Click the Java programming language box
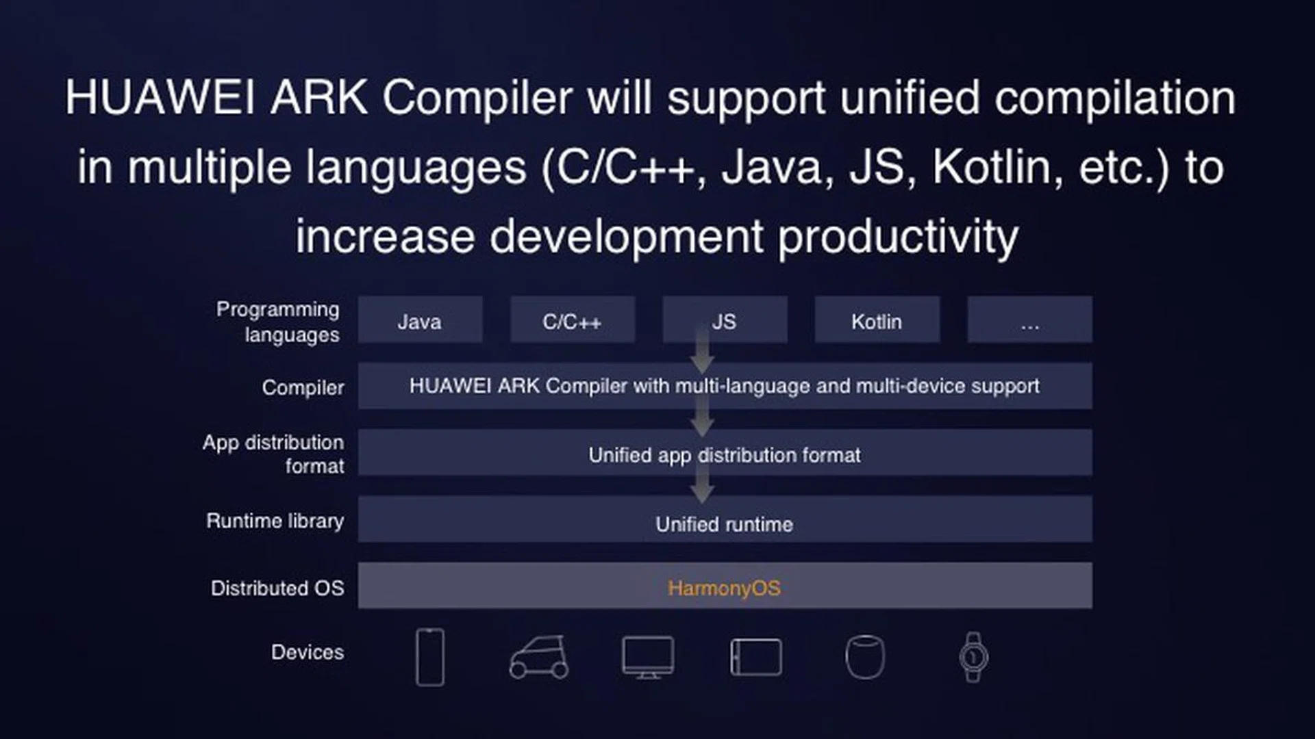click(420, 320)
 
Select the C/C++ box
click(572, 320)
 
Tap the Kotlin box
click(877, 320)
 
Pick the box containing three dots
click(1029, 320)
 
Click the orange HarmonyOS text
click(724, 588)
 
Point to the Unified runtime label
click(724, 524)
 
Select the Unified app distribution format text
click(724, 455)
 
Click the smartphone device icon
click(430, 657)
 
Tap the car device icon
click(539, 657)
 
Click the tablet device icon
click(756, 657)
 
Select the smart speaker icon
click(865, 657)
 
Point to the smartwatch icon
click(973, 657)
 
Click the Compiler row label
click(303, 387)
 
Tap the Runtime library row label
click(275, 521)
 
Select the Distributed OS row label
click(277, 588)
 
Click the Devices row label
click(307, 652)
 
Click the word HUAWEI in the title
click(160, 97)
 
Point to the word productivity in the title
click(898, 237)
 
